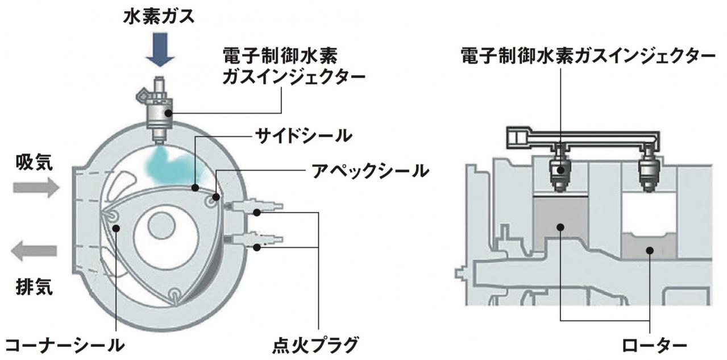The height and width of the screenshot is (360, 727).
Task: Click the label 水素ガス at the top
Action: point(159,15)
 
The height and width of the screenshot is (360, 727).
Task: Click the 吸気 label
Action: point(34,163)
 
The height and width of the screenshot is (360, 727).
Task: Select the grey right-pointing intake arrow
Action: point(36,187)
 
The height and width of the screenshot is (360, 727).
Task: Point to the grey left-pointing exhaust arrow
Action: point(35,250)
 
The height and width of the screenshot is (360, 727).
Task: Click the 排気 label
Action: point(34,286)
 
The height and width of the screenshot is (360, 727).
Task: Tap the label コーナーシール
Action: point(64,344)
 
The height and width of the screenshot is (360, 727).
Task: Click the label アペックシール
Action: point(369,170)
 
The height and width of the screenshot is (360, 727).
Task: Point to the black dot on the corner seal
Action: point(116,228)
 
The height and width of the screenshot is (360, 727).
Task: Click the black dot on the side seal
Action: point(194,187)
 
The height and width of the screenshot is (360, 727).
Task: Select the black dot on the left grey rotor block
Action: point(560,227)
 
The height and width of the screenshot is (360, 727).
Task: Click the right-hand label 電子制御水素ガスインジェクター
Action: point(587,55)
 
